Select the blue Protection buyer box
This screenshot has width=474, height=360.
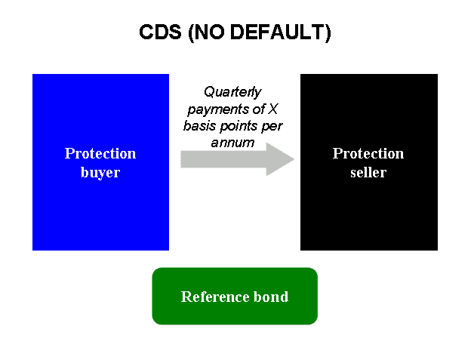click(x=100, y=204)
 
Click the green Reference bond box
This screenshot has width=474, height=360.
click(x=235, y=313)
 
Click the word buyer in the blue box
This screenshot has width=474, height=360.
click(x=100, y=172)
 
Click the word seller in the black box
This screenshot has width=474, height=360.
click(x=368, y=172)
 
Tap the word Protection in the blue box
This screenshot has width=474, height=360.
click(x=100, y=153)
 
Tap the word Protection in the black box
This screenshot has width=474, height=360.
click(x=368, y=153)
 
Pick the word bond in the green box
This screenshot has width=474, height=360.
click(x=270, y=297)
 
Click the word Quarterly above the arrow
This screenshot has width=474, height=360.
click(x=234, y=92)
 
